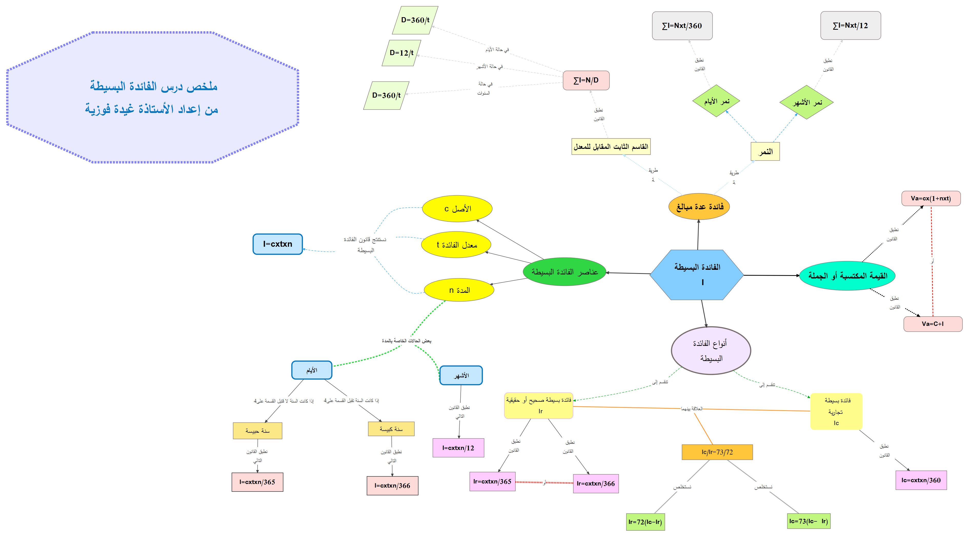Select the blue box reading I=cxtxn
(x=278, y=244)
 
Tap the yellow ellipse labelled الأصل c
(x=457, y=209)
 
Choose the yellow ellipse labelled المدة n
(x=459, y=290)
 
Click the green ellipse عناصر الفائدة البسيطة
(x=564, y=272)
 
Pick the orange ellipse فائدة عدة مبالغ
(x=699, y=207)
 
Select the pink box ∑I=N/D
(x=586, y=80)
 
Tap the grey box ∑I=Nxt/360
(x=682, y=26)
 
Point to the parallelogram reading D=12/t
(x=401, y=53)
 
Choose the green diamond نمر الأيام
(x=716, y=101)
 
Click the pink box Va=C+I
(x=933, y=324)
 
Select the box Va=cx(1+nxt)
(x=931, y=198)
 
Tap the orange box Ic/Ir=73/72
(x=717, y=452)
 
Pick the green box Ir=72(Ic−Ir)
(x=645, y=522)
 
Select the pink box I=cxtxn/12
(x=458, y=448)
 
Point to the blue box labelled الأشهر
(x=461, y=375)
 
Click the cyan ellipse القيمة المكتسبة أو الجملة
(x=847, y=276)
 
